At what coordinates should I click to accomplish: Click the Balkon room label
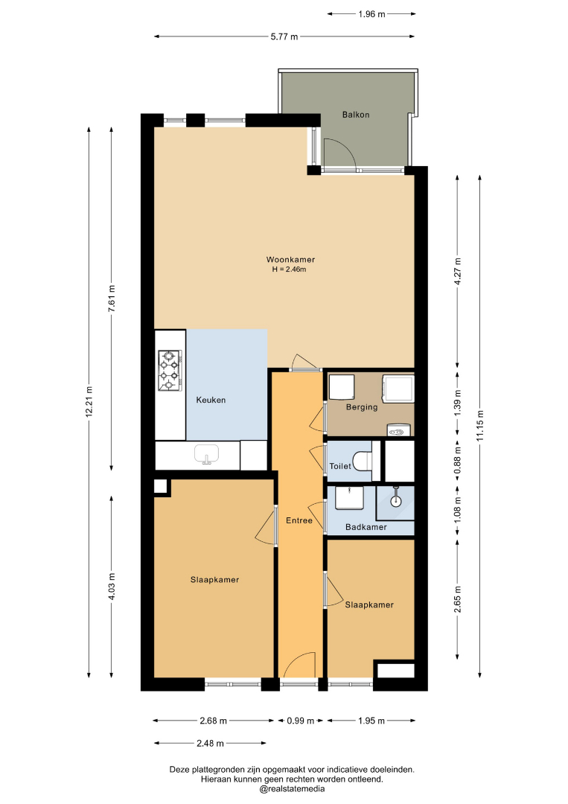click(356, 115)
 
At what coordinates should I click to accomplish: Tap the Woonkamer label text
click(290, 260)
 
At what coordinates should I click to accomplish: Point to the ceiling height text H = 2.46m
click(289, 269)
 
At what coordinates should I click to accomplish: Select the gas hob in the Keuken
click(170, 371)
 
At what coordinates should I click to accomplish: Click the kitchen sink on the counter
click(207, 454)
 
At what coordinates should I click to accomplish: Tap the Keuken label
click(211, 400)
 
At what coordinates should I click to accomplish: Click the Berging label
click(362, 407)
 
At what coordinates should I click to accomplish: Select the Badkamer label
click(366, 527)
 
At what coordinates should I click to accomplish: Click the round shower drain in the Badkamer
click(396, 501)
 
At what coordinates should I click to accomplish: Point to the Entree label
click(299, 520)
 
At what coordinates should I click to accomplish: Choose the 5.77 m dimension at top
click(284, 36)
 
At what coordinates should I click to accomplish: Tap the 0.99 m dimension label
click(301, 721)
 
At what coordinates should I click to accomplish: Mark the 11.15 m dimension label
click(480, 425)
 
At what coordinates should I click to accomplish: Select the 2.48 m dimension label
click(210, 743)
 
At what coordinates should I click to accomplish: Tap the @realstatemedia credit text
click(292, 789)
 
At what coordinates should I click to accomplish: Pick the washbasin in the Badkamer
click(349, 498)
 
